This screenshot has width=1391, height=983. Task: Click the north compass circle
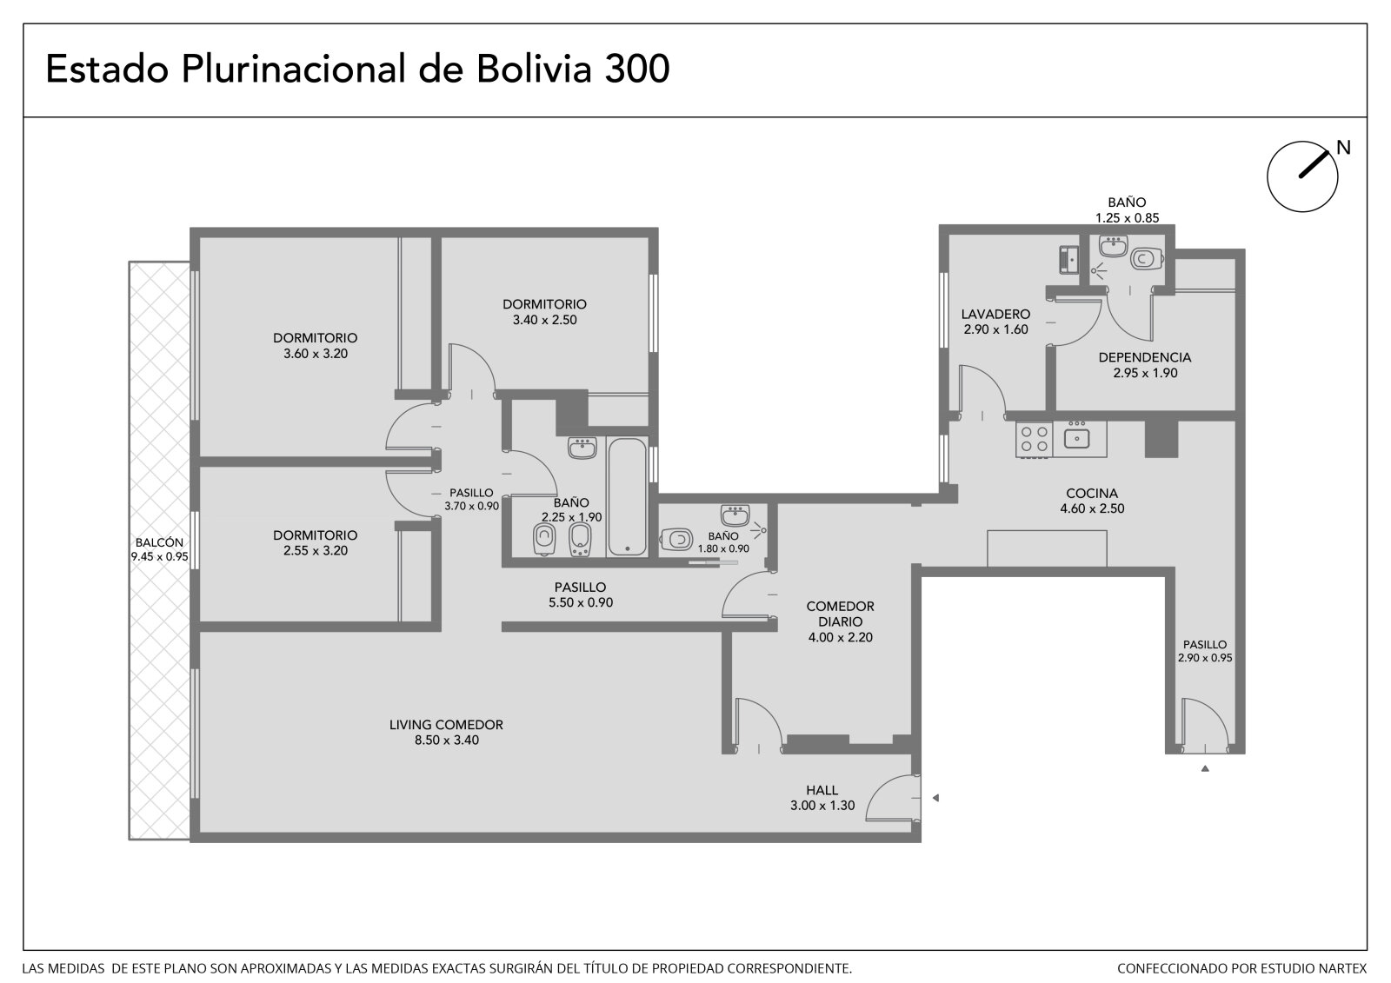(1268, 177)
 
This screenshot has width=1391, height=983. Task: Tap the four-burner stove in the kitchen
(1034, 440)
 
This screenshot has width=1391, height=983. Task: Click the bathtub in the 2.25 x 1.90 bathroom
(627, 497)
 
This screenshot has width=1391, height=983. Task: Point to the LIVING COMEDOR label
(446, 725)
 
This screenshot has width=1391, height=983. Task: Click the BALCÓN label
(160, 542)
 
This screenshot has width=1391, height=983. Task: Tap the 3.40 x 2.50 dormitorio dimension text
(544, 321)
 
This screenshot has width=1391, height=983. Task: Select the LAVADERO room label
(995, 315)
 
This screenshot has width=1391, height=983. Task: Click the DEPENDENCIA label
(1144, 358)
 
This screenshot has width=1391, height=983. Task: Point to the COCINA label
(1092, 494)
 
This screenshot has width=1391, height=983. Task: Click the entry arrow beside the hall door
(935, 798)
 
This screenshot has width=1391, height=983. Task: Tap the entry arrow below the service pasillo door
(1205, 769)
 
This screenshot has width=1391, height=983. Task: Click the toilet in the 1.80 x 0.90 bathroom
(676, 539)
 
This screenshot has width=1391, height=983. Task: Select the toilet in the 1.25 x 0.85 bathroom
(1147, 258)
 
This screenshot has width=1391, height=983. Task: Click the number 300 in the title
(637, 69)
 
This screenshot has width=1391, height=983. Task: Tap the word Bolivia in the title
(534, 69)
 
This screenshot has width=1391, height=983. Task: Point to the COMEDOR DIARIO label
(840, 614)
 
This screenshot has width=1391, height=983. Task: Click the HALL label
(822, 791)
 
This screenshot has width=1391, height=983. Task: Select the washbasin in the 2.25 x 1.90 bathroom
(582, 448)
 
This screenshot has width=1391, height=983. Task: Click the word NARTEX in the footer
(1344, 968)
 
